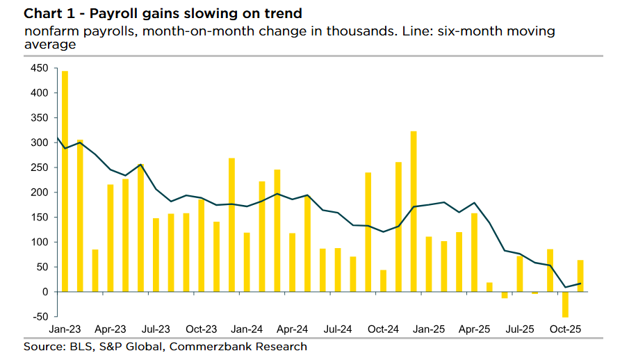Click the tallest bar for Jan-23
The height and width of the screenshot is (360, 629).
pos(65,181)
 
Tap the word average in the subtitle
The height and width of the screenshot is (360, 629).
pos(49,44)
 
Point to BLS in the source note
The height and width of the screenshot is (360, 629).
pos(74,346)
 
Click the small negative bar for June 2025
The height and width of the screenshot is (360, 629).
pos(505,295)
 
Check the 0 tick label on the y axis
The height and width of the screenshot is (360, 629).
pos(44,292)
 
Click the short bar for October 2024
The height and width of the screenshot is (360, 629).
pos(383,281)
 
